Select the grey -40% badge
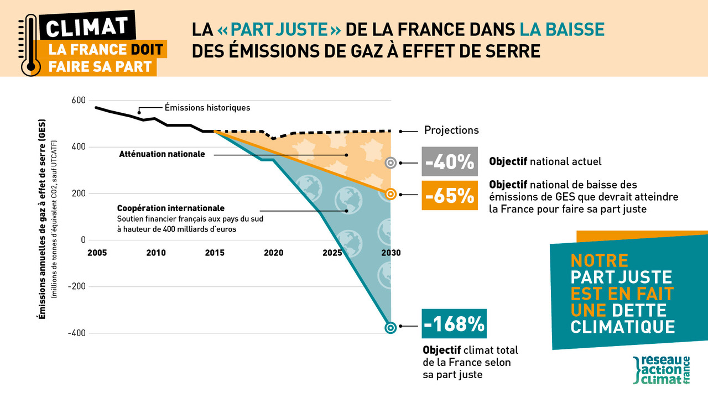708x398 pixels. (449, 163)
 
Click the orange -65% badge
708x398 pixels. (449, 195)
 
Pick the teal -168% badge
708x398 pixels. (454, 324)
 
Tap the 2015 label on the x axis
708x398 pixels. (215, 253)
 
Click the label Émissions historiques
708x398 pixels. (207, 108)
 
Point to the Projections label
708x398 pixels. (451, 130)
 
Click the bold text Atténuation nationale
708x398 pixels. (162, 154)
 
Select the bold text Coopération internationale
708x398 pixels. (170, 208)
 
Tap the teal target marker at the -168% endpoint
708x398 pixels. (391, 327)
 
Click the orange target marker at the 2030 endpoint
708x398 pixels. (391, 194)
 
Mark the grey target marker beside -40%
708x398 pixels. (391, 163)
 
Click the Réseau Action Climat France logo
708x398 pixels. (662, 370)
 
